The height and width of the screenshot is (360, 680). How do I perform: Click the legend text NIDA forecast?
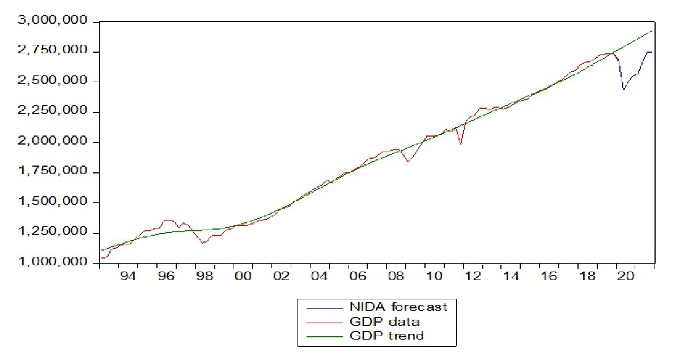398,307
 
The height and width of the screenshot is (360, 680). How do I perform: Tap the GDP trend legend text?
387,336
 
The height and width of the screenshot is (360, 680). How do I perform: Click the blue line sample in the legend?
324,308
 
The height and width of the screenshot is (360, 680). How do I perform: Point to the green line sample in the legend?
324,336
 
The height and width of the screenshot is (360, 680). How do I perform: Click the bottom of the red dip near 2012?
461,144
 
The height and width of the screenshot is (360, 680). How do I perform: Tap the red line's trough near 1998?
203,243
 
